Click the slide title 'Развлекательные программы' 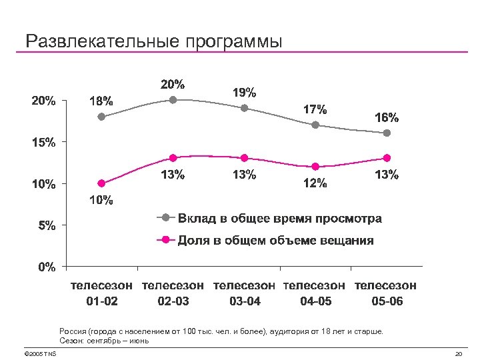tap(154, 41)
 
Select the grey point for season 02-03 tap(173, 100)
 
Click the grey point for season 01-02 tap(101, 117)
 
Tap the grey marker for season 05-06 tap(387, 133)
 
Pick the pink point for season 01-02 tap(101, 183)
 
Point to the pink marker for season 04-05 tap(315, 167)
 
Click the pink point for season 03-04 tap(244, 158)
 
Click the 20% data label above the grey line tap(173, 85)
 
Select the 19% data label tap(244, 92)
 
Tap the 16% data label tap(387, 117)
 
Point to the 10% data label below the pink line tap(101, 199)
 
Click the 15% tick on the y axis tap(45, 143)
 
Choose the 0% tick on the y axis tap(47, 267)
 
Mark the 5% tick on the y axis tap(47, 226)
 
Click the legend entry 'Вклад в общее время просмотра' tap(279, 219)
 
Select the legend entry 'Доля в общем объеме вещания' tap(275, 240)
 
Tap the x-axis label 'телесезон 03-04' tap(244, 293)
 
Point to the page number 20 tap(458, 353)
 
